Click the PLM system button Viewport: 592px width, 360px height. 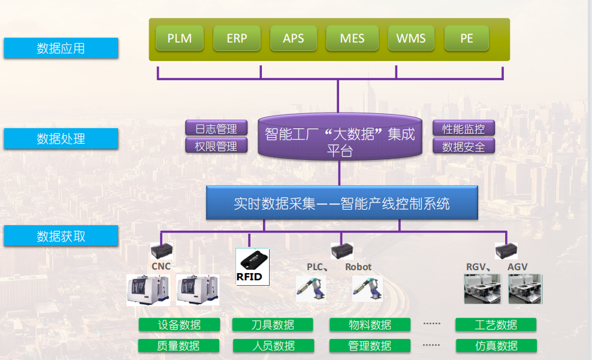coord(179,38)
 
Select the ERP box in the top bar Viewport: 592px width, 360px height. coord(237,38)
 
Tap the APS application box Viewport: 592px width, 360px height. coord(294,38)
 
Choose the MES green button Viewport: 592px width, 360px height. coord(352,38)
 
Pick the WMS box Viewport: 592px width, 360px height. coord(410,38)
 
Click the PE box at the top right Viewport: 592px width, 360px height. coord(467,38)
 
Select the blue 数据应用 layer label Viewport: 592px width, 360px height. coord(61,49)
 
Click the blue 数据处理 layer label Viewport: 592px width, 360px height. coord(61,138)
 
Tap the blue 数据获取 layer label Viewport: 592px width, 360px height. coord(61,236)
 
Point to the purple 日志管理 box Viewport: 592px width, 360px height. coord(216,128)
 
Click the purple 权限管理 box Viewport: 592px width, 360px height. coord(216,146)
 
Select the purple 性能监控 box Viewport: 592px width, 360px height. coord(464,128)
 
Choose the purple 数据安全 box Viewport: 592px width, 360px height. coord(464,146)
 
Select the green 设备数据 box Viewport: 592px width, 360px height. coord(179,325)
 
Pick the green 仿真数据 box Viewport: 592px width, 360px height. coord(496,346)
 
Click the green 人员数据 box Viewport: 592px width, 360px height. coord(273,346)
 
